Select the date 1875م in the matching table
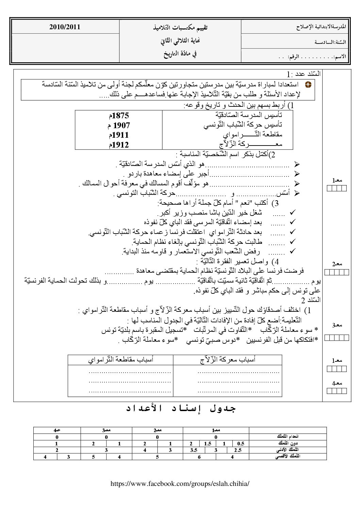click(x=119, y=116)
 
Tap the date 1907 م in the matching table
click(x=119, y=126)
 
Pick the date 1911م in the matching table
click(x=119, y=135)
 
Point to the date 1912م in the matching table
click(x=119, y=145)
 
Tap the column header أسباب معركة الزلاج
click(x=227, y=360)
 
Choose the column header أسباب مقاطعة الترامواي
click(x=120, y=360)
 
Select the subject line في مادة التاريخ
click(x=180, y=54)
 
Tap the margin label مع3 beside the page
click(x=337, y=326)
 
